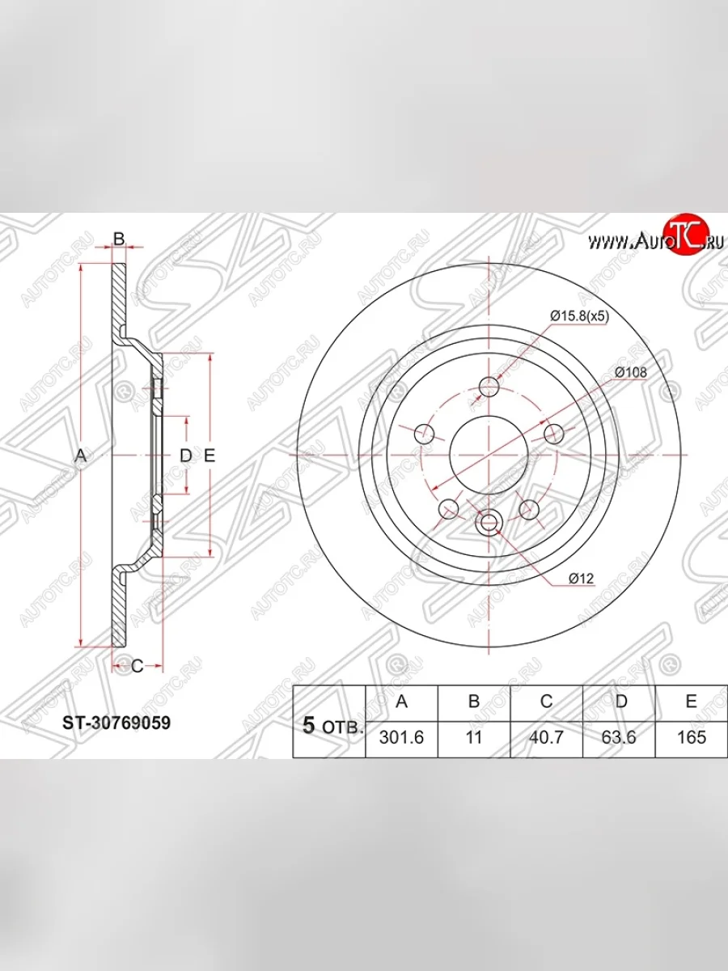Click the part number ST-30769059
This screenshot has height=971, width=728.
point(116,723)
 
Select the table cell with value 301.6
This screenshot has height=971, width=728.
point(401,737)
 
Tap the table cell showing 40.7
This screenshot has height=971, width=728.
point(546,737)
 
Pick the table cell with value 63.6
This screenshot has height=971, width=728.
point(619,737)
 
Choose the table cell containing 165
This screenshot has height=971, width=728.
point(692,737)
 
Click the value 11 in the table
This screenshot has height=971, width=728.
point(474,737)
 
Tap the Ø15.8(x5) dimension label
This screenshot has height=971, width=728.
point(579,316)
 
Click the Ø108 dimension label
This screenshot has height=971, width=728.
point(631,372)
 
